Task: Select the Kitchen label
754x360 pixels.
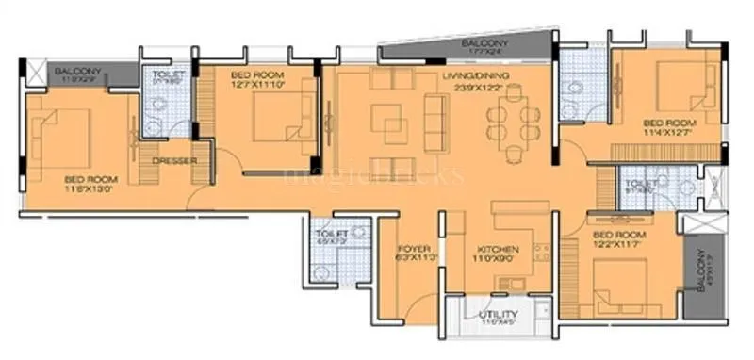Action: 497,250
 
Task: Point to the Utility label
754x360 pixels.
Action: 496,315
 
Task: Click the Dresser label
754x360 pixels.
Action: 174,160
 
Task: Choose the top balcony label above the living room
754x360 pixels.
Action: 486,44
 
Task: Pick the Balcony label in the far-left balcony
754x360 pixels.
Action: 77,72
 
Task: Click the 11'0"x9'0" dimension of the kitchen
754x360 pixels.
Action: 497,261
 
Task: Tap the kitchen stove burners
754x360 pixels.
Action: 542,253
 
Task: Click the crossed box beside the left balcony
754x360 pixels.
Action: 37,72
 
